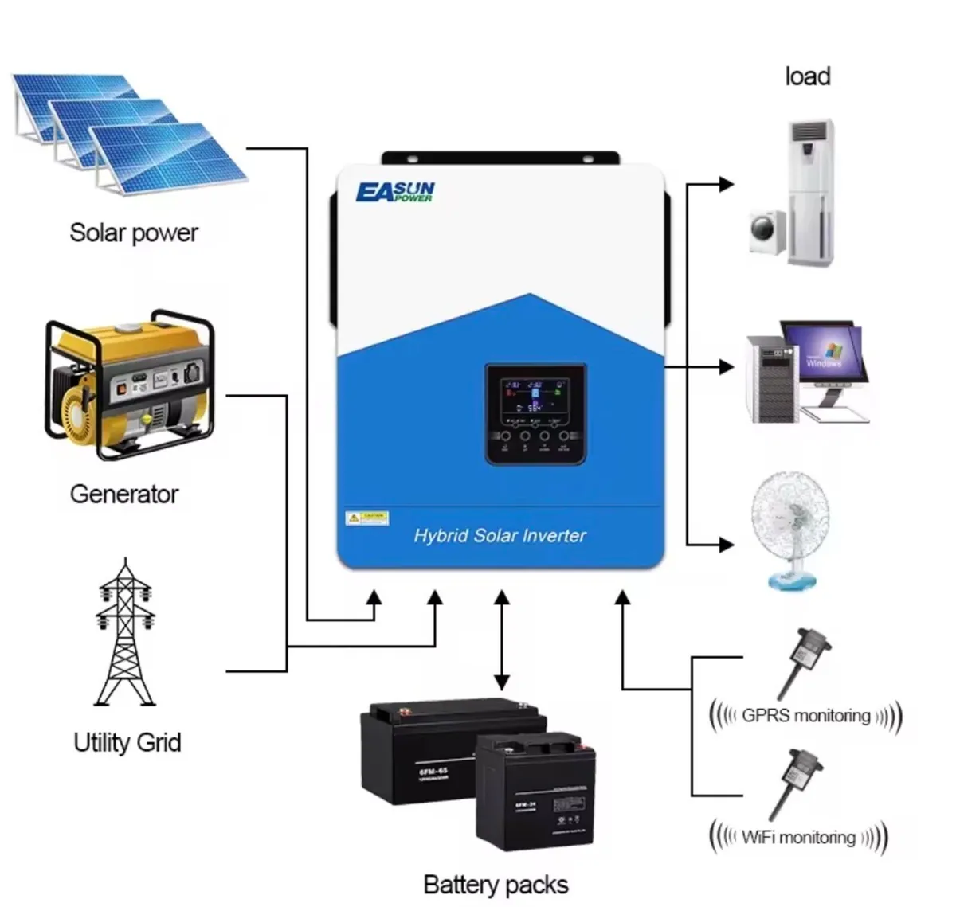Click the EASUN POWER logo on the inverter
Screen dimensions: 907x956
395,192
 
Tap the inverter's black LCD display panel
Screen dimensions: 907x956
535,414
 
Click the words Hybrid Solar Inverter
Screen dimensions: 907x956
500,536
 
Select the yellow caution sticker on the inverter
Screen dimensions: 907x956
366,518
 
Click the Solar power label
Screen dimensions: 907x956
134,233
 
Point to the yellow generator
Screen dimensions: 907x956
129,385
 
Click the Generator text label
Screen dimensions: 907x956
124,494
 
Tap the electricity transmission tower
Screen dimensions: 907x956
124,633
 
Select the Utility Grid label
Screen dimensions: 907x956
127,742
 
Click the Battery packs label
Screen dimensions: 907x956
496,885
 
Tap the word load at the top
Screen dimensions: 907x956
807,76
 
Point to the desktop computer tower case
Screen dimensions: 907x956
771,379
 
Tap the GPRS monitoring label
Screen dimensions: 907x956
805,715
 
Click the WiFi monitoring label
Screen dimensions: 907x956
798,837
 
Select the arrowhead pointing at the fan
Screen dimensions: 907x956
726,545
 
